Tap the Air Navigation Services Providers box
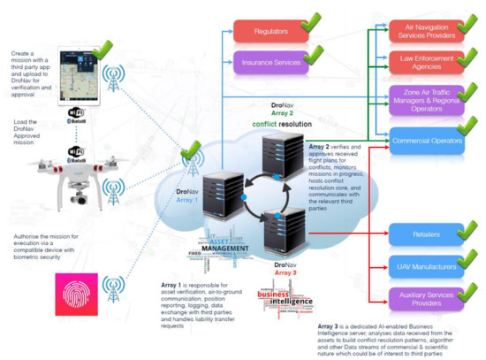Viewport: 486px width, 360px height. [429, 33]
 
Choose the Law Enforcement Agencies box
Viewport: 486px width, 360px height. [429, 62]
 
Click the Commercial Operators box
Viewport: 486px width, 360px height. [429, 139]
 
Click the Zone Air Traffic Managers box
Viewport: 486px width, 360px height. [429, 100]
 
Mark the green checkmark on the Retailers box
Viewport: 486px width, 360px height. [469, 231]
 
